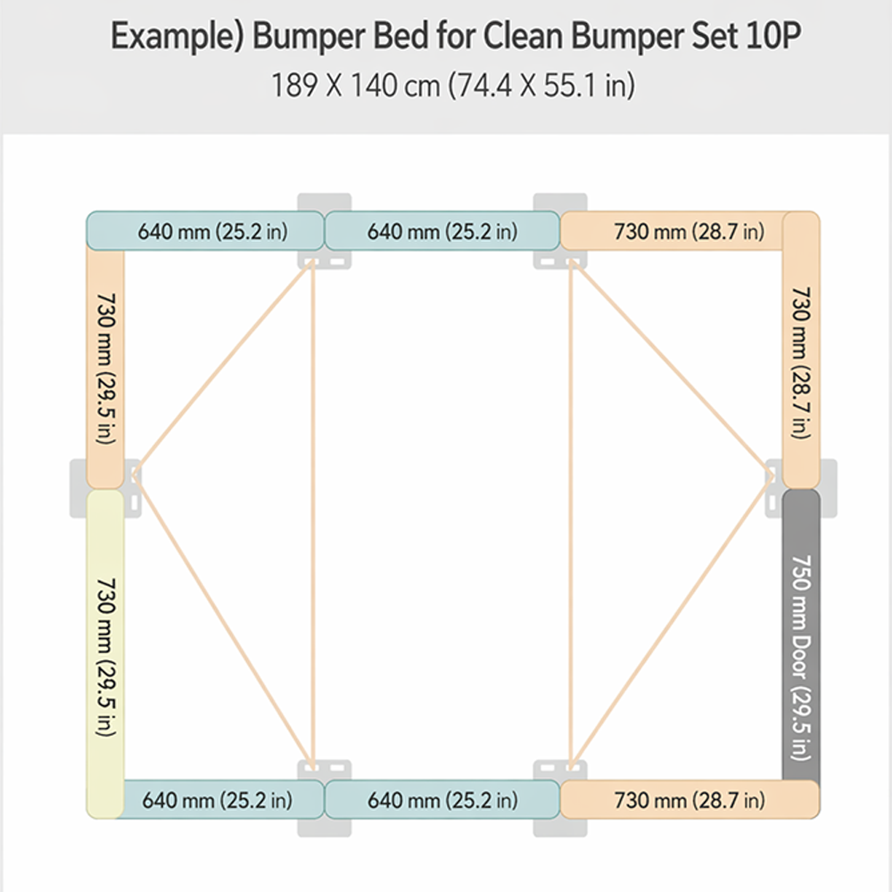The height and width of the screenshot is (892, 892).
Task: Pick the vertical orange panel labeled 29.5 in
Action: [105, 366]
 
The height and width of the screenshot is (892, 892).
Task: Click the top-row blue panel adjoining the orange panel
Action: [442, 231]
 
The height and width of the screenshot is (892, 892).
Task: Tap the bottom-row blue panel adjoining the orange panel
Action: [442, 799]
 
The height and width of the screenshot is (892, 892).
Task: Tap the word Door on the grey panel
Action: [800, 656]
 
